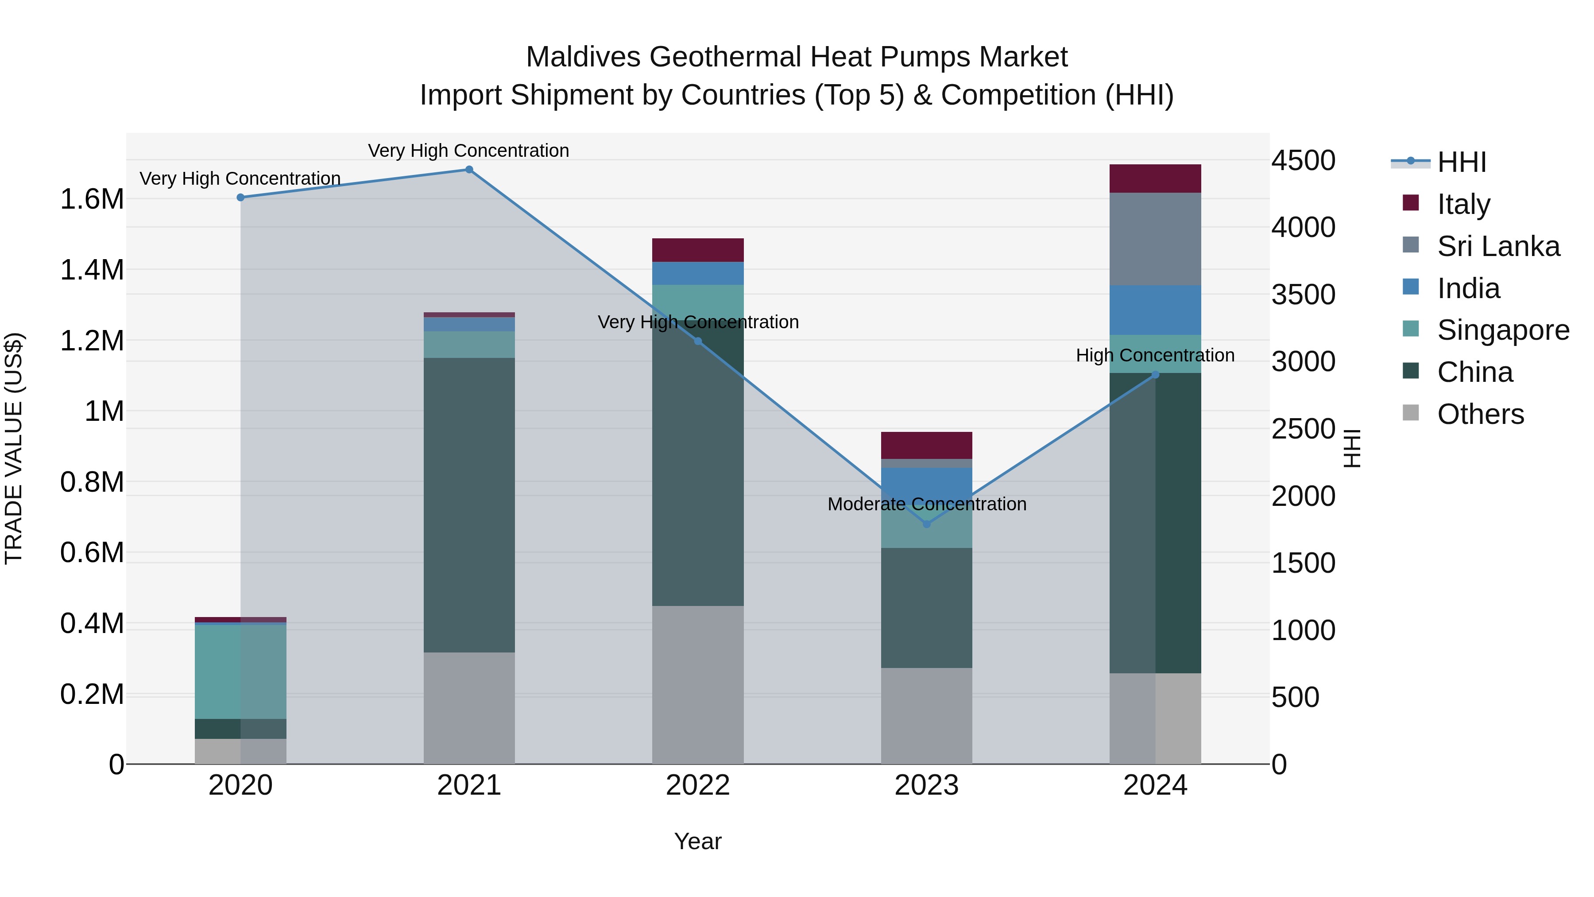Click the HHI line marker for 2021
(x=469, y=170)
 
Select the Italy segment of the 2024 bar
(x=1155, y=178)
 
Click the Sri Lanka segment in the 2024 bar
(x=1155, y=239)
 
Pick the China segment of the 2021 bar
(x=469, y=505)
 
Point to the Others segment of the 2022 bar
(x=697, y=684)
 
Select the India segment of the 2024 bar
(x=1155, y=310)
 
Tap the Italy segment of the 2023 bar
(x=926, y=445)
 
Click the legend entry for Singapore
(x=1502, y=330)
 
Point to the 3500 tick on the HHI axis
(x=1303, y=295)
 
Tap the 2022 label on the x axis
(x=697, y=785)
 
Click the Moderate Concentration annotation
(x=926, y=504)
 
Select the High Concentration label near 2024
(x=1155, y=355)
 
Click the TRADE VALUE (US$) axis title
(x=14, y=448)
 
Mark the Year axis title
(x=697, y=841)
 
